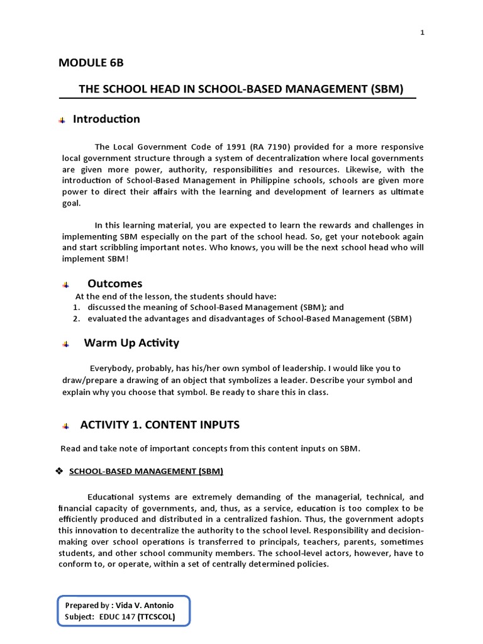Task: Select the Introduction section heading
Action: coord(106,119)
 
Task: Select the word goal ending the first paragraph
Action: coord(71,204)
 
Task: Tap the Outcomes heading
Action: coord(114,284)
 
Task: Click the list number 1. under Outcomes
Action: coord(76,307)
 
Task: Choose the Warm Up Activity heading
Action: coord(131,343)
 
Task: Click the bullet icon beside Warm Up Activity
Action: coord(65,345)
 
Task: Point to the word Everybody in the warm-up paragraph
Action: coord(111,369)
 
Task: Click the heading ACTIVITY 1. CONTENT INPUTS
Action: coord(160,425)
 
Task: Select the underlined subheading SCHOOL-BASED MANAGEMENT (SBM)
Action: coord(146,470)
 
